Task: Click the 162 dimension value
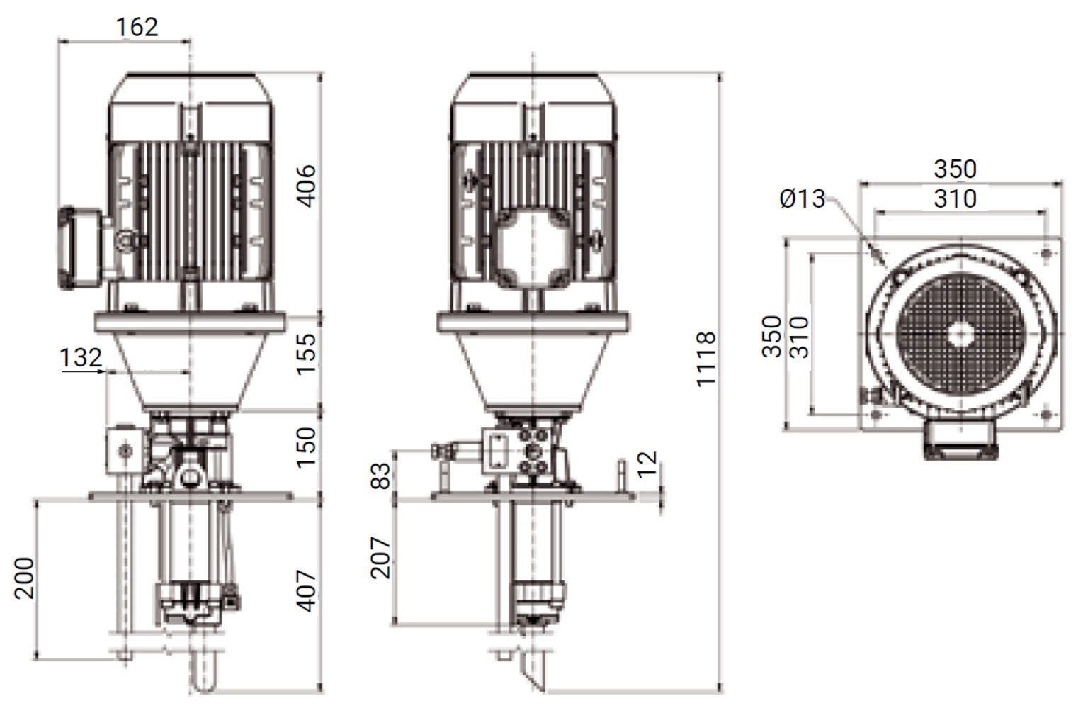click(x=137, y=27)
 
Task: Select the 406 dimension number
click(x=306, y=186)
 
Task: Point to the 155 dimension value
click(x=306, y=354)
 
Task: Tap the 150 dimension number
click(x=306, y=447)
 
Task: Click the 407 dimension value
click(x=306, y=590)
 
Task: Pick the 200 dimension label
click(x=24, y=578)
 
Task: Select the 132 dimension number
click(x=81, y=358)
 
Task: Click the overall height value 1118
click(x=705, y=359)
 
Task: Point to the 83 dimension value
click(x=380, y=476)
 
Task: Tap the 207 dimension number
click(x=380, y=558)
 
